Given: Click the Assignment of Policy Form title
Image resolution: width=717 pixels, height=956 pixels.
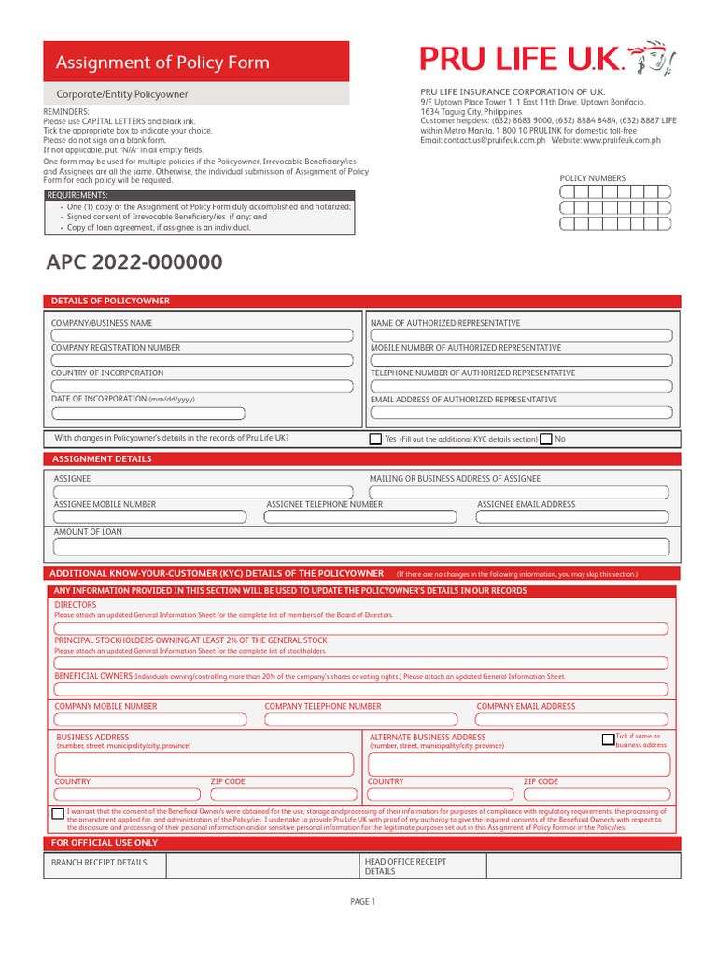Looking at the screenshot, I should (x=162, y=63).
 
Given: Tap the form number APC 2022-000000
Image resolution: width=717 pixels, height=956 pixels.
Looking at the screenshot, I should (x=134, y=262).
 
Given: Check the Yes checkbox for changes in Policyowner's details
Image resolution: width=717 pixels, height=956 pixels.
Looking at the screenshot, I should (x=376, y=439).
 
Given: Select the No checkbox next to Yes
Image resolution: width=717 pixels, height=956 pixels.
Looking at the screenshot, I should (x=546, y=439).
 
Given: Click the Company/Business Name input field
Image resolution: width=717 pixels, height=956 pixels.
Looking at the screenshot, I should (x=202, y=335).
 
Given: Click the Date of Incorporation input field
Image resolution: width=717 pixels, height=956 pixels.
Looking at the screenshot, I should (x=148, y=413).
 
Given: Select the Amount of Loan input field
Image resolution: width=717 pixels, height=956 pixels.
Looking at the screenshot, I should (x=360, y=547).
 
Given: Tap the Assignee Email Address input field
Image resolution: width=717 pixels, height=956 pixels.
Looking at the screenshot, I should (x=571, y=517).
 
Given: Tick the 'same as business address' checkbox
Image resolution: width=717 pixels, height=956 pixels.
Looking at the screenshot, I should (x=608, y=739).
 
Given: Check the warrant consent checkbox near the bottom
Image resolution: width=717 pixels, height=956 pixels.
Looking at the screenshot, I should (x=58, y=814).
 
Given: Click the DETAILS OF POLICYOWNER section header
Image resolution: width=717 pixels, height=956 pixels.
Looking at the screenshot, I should (x=110, y=301).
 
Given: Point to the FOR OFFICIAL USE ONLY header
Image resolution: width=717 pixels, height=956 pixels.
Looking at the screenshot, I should (x=105, y=843).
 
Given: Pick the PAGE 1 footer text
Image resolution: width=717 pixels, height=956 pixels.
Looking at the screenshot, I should (x=361, y=901).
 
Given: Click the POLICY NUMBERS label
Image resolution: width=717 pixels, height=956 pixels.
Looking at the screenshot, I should (x=592, y=178).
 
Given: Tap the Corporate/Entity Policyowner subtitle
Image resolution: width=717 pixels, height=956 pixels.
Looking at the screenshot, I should (x=121, y=94).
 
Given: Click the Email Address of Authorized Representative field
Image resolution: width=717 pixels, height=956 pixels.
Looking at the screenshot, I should (x=520, y=413).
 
